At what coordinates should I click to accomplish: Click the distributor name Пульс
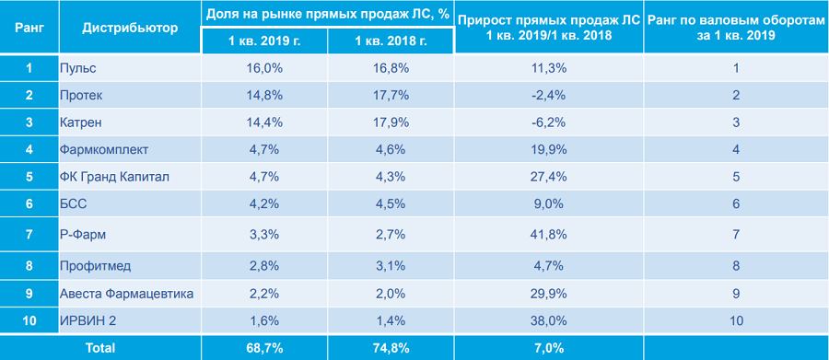78,68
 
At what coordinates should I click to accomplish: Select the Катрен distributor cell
81,122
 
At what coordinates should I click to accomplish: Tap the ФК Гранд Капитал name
115,177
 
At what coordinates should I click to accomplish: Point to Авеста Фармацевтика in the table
127,295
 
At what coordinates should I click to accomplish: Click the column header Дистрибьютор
131,28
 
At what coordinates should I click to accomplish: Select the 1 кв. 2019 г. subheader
264,41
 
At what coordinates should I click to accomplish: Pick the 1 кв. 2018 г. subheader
391,41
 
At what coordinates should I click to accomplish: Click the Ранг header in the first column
29,28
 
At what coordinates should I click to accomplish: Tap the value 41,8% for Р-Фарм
548,234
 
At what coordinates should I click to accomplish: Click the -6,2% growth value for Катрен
548,122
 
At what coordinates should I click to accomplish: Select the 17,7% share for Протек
391,96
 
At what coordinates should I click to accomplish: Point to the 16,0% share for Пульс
264,68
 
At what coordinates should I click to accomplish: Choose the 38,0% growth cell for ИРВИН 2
548,321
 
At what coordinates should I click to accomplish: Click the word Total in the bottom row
101,348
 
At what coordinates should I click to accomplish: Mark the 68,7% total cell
264,348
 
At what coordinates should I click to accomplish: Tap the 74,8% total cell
391,348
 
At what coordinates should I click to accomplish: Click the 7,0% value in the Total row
548,348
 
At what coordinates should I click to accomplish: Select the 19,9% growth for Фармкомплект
548,150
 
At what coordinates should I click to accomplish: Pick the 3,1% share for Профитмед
391,266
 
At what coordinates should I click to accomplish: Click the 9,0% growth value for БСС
548,204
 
